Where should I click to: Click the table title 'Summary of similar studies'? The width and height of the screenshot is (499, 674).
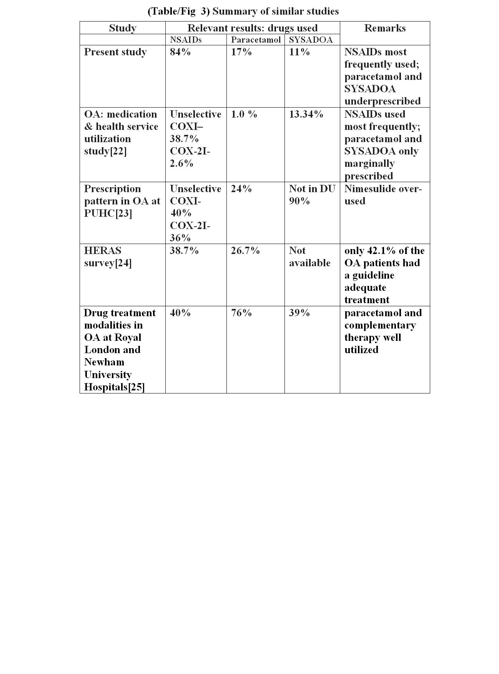(x=243, y=11)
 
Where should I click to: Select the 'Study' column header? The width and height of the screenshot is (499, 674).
(x=123, y=28)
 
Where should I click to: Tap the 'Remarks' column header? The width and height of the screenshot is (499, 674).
(x=385, y=28)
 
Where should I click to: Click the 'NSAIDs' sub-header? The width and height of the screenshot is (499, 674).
(x=186, y=40)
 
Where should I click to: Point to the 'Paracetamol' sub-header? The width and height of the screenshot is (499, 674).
(x=256, y=40)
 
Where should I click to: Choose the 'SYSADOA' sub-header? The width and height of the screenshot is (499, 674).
(x=311, y=40)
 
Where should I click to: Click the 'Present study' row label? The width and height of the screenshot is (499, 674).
(x=115, y=52)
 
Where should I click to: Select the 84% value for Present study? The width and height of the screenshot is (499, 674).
(x=180, y=52)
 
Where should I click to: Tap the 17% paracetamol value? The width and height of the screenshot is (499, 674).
(x=241, y=52)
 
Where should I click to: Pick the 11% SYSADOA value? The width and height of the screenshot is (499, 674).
(x=299, y=52)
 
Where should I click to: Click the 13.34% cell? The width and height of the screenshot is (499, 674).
(x=306, y=114)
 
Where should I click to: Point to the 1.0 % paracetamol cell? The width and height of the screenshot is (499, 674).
(x=244, y=114)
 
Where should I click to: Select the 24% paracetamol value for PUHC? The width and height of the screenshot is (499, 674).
(x=241, y=189)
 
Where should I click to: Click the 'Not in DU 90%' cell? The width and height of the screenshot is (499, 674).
(x=312, y=195)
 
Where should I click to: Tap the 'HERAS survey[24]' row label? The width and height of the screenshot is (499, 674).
(x=108, y=257)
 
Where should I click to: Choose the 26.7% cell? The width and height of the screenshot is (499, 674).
(x=245, y=251)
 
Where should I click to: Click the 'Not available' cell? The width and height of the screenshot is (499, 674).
(x=309, y=257)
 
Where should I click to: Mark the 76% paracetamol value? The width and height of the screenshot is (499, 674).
(x=241, y=313)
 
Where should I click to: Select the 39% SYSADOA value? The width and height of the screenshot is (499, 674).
(x=299, y=313)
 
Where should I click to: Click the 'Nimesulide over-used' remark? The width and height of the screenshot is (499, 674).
(x=383, y=195)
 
